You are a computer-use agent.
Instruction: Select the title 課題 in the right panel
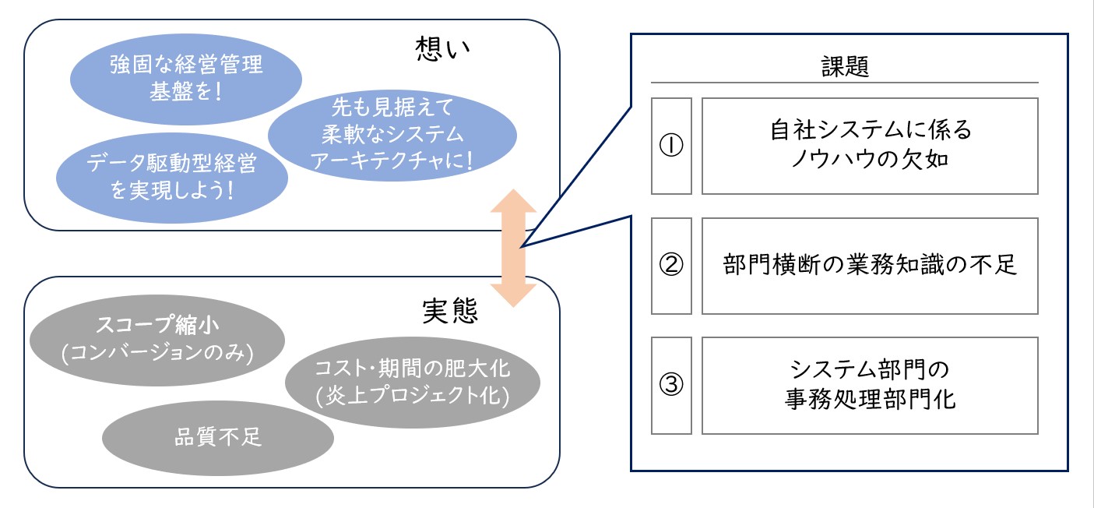pos(845,67)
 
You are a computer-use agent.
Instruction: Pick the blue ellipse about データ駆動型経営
pos(172,175)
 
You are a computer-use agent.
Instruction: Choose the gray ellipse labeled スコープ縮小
pos(157,340)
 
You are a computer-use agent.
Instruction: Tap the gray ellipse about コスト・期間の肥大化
pos(412,381)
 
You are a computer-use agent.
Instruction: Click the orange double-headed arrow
pos(513,247)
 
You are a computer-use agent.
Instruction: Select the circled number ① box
pos(671,146)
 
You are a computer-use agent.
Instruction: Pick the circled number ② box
pos(671,266)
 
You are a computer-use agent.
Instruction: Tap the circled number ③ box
pos(671,386)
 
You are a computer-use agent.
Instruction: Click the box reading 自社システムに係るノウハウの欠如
pos(870,146)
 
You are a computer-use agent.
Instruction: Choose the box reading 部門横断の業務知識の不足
pos(870,266)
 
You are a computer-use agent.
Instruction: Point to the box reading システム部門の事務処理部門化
pos(870,386)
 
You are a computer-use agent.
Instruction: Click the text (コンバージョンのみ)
pos(157,353)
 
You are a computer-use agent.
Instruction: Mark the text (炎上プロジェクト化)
pos(412,396)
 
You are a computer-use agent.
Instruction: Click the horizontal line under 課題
pos(845,83)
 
